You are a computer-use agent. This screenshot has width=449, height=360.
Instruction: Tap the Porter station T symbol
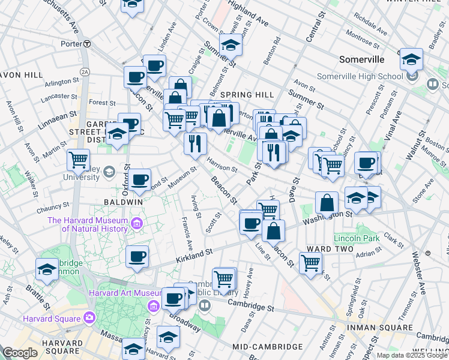coord(87,43)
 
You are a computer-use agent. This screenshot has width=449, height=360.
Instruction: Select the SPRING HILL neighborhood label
coord(247,95)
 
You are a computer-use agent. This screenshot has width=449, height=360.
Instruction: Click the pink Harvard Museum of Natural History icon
coord(136,224)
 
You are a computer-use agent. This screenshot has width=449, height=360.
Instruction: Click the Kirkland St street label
coord(194,256)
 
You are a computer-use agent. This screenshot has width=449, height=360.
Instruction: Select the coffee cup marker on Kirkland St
coord(137,257)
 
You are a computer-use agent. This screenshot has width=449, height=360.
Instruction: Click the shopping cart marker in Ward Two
coord(310,262)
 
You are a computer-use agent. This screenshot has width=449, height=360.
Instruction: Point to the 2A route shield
coord(85,71)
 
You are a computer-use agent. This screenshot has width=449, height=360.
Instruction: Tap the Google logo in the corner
coord(20,353)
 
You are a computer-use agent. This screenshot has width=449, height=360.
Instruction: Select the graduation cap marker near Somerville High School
coord(411,59)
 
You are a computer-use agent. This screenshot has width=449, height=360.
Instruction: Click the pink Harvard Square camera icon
coord(89,317)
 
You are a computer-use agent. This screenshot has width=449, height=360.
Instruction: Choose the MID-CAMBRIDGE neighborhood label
coord(267,347)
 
